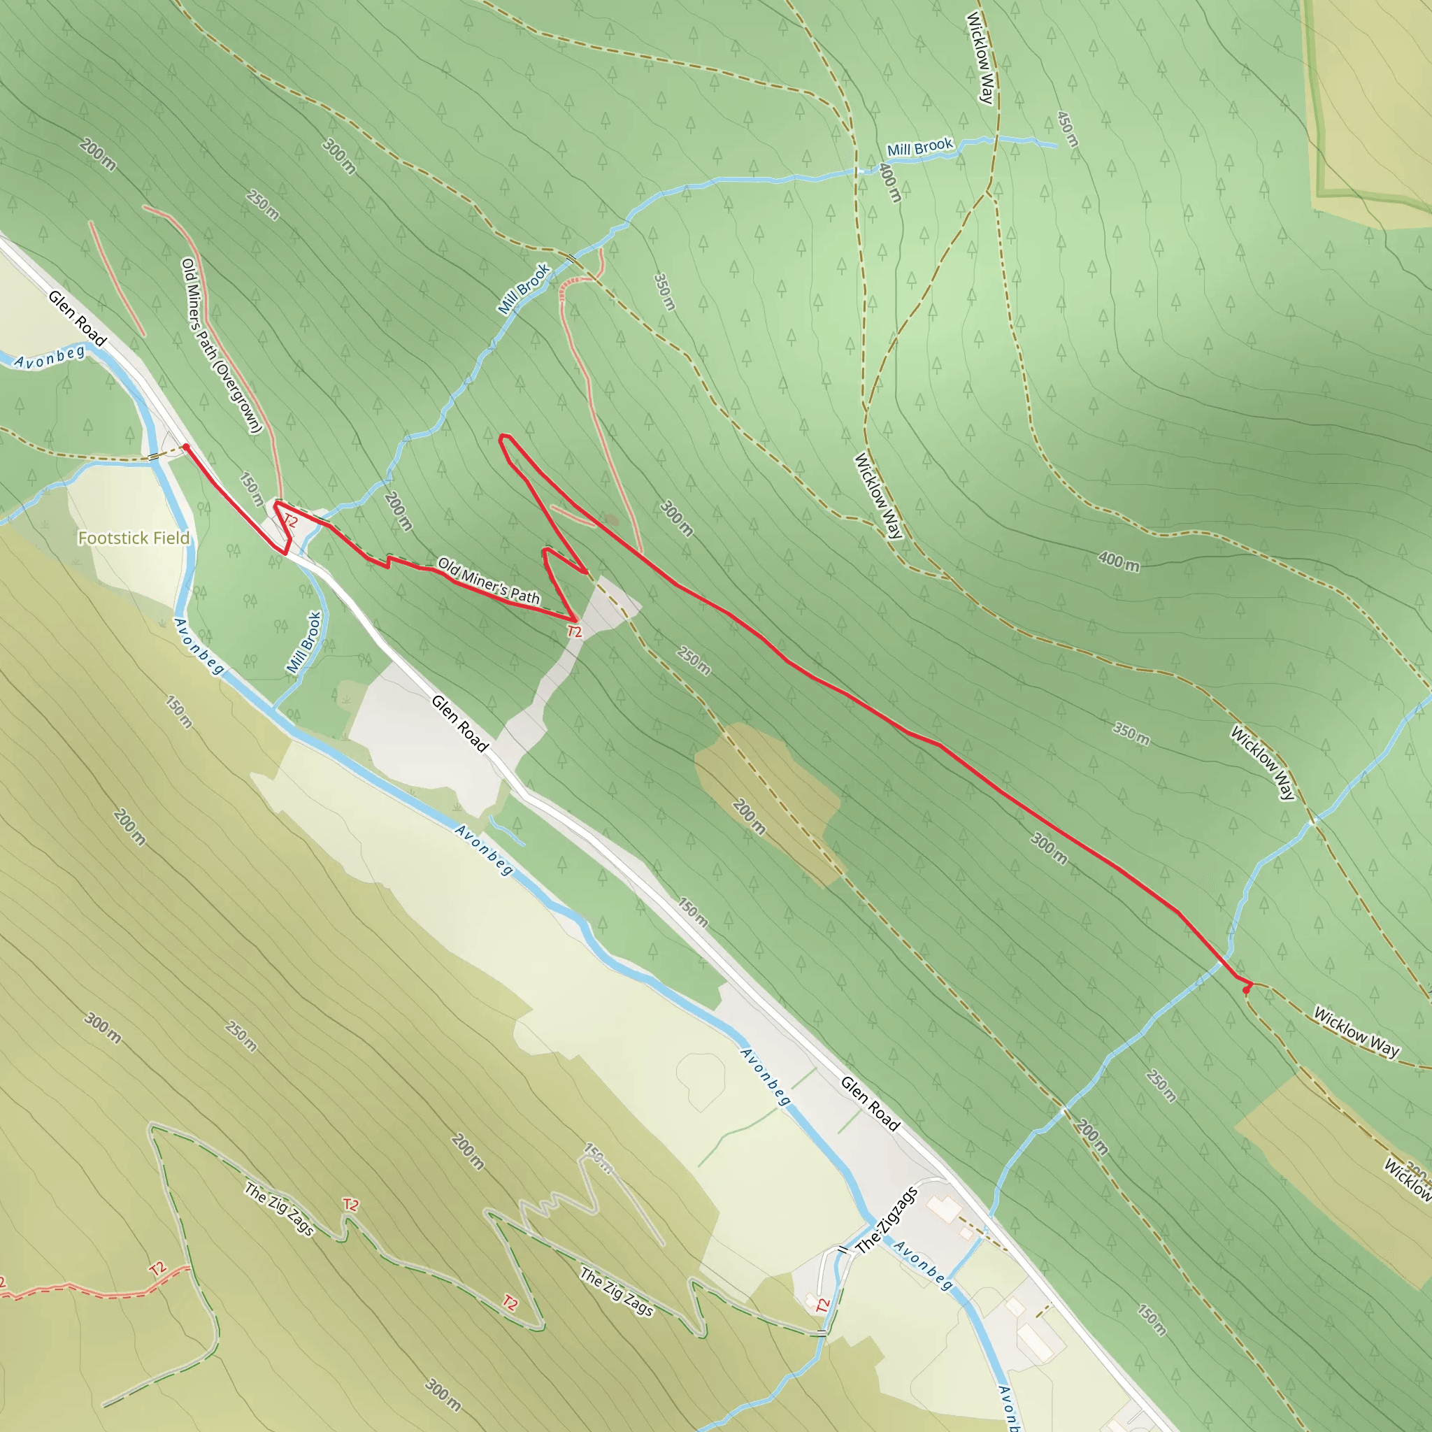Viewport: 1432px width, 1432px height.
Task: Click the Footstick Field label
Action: click(x=134, y=538)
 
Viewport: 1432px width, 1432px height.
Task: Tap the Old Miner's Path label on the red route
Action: click(x=489, y=580)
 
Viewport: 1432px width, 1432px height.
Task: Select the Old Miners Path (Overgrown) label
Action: click(x=222, y=345)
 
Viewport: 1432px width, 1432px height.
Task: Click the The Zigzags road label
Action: click(x=887, y=1219)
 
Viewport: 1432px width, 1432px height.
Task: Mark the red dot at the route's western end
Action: click(x=185, y=447)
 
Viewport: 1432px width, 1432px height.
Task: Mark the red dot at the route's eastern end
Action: click(x=1246, y=989)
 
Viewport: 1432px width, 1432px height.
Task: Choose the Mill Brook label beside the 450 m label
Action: click(x=920, y=148)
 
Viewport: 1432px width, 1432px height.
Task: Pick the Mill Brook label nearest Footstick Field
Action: click(x=305, y=642)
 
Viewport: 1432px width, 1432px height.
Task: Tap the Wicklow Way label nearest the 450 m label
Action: click(x=980, y=58)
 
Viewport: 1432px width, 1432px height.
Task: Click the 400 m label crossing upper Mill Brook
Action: click(x=889, y=182)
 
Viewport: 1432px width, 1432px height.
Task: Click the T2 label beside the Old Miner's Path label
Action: click(x=575, y=631)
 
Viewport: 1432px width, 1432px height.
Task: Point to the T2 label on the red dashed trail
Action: click(x=158, y=1268)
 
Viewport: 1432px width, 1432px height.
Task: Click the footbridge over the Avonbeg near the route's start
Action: click(x=154, y=457)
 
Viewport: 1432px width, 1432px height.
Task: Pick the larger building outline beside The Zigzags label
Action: click(x=943, y=1209)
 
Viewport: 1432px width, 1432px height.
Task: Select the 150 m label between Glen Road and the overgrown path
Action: click(x=251, y=489)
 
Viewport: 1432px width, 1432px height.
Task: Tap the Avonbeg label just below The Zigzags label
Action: click(x=923, y=1265)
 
